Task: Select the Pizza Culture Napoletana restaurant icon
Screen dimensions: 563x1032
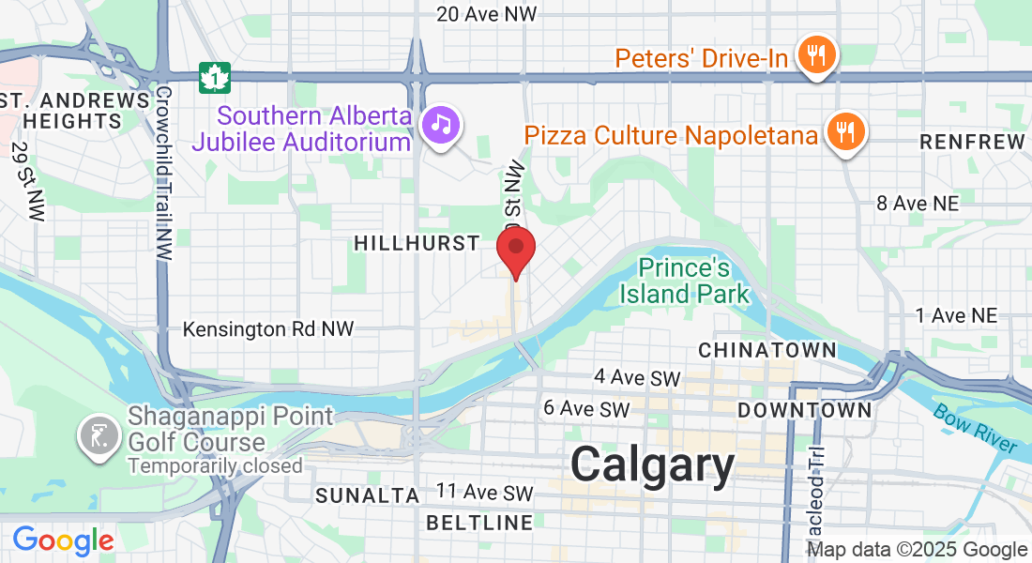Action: click(845, 133)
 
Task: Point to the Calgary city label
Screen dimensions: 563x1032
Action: click(653, 464)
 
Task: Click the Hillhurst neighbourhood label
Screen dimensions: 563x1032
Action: click(417, 244)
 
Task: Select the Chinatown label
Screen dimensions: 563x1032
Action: click(767, 350)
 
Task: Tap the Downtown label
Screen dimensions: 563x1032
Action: click(804, 410)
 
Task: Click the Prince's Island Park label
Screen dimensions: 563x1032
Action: click(685, 281)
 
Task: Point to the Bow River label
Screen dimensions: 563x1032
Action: click(975, 427)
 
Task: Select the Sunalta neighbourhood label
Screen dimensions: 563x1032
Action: click(367, 495)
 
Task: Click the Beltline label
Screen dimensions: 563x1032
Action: click(479, 522)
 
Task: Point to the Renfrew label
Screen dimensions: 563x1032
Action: click(972, 142)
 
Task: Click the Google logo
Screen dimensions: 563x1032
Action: click(63, 540)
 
